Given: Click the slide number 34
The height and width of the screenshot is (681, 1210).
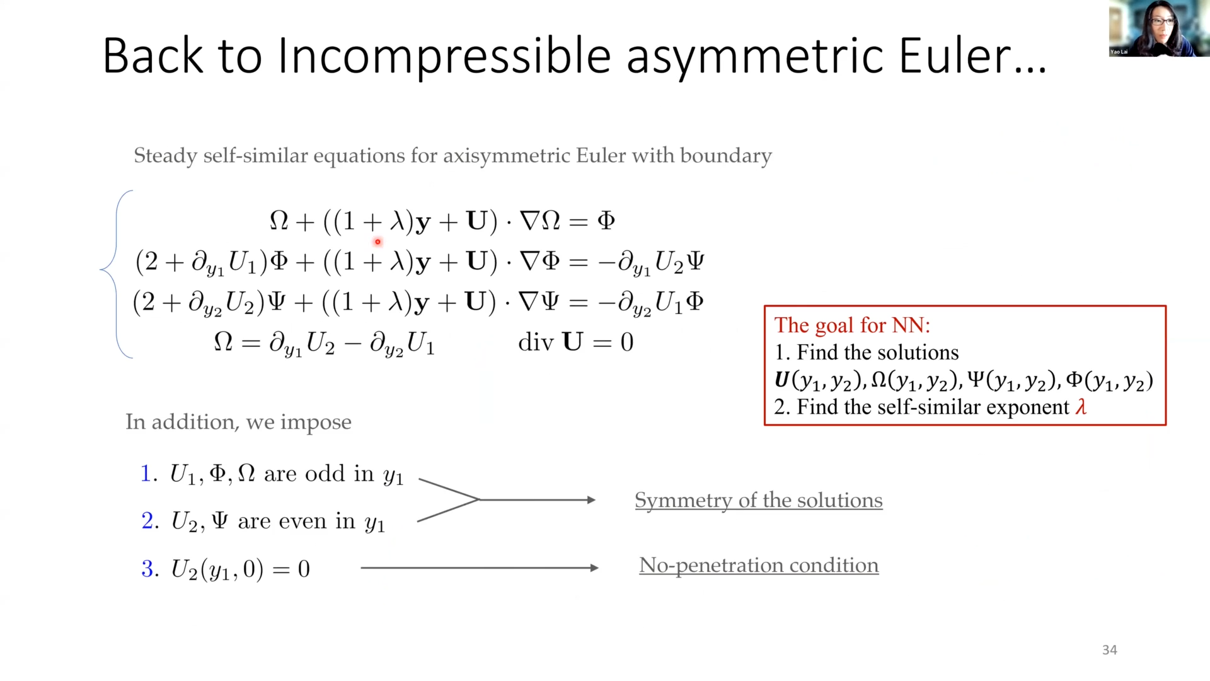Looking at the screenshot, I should coord(1109,649).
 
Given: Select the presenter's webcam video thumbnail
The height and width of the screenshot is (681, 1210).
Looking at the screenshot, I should coord(1158,29).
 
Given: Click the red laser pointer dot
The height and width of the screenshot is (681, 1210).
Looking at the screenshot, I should coord(377,242).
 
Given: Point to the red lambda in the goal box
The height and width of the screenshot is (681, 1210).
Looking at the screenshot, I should coord(1081,407).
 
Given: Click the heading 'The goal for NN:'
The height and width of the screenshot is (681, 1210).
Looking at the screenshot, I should coord(852,325).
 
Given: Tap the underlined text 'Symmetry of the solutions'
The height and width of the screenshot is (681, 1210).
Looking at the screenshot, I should coord(758,500).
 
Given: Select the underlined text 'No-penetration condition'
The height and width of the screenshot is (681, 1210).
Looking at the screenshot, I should coord(759,565).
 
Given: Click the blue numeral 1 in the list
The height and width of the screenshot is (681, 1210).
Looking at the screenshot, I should coord(146,474).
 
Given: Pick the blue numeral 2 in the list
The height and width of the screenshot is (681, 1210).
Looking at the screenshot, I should coord(147,521).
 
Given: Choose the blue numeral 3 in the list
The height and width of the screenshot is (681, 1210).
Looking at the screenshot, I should coord(147,569).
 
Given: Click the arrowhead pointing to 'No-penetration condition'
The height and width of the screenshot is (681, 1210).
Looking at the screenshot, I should coord(593,568).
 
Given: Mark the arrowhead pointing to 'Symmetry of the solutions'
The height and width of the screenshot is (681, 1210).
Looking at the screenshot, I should coord(591,500).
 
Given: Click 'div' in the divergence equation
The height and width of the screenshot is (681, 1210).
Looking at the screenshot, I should coord(536,342).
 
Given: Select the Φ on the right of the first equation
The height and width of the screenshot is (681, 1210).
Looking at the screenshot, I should coord(606,221).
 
